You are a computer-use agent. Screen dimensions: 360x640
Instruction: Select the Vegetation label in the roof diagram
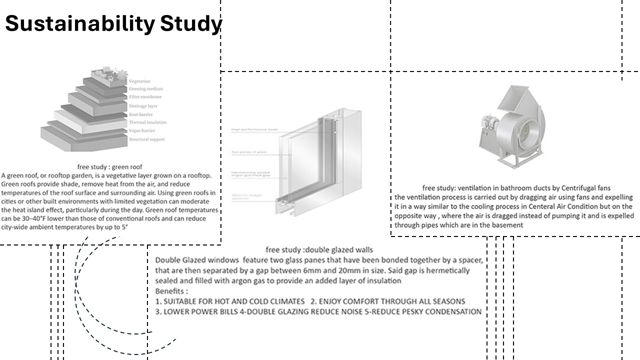[x=139, y=81]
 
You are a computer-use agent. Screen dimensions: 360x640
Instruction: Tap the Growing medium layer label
[x=146, y=89]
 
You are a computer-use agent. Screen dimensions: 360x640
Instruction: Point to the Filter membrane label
[x=145, y=97]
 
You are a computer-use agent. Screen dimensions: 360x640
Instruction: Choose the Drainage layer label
[x=143, y=106]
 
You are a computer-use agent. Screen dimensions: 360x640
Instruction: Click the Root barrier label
[x=141, y=114]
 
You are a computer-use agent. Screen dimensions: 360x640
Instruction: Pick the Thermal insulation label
[x=147, y=122]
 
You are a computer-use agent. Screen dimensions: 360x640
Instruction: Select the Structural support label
[x=146, y=139]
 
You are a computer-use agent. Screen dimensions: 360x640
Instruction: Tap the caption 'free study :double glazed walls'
[x=319, y=249]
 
